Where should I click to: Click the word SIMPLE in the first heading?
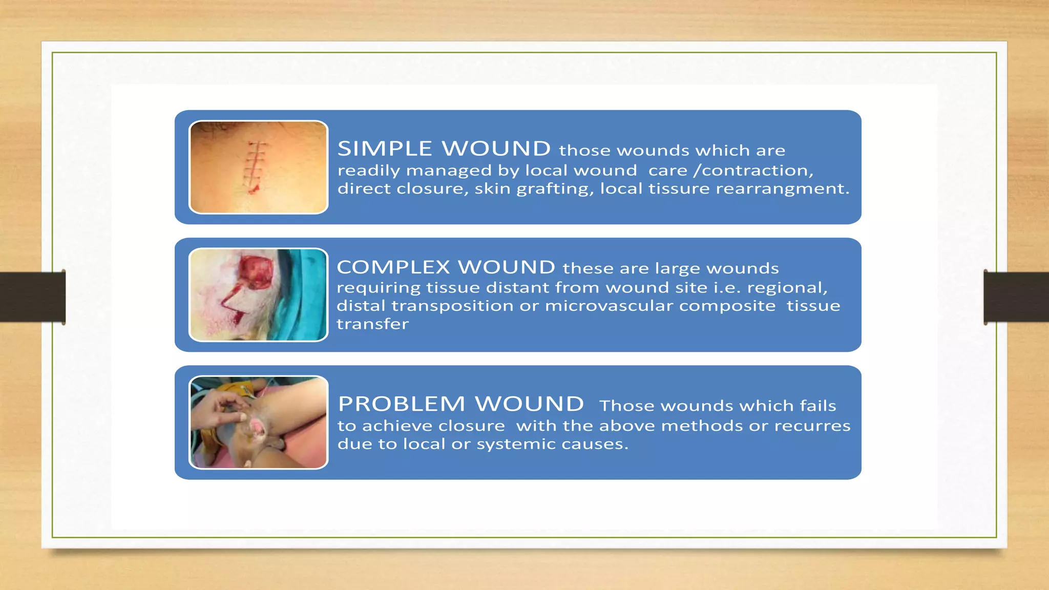(x=385, y=149)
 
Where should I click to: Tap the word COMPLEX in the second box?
(x=393, y=267)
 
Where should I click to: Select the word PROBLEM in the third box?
(x=402, y=404)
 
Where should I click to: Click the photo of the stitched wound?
(x=258, y=167)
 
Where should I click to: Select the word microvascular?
(x=609, y=306)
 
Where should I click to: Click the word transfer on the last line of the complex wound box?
(x=372, y=324)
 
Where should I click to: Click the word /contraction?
(x=753, y=171)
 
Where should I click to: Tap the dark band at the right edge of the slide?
(x=1016, y=297)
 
